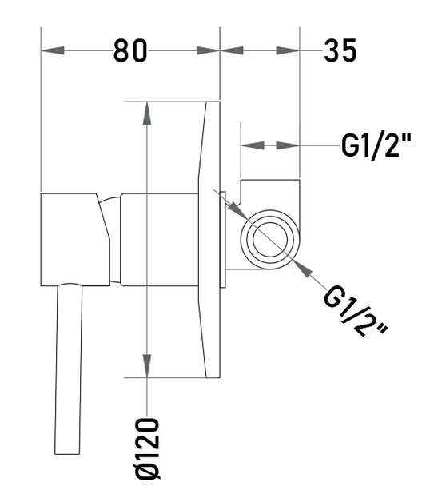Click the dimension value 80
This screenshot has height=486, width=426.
[x=130, y=50]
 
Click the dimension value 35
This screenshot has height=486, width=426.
[x=340, y=50]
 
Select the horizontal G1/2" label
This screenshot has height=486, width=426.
[x=376, y=145]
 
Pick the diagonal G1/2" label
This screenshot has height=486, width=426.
[x=354, y=311]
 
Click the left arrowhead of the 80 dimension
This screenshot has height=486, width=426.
[x=53, y=50]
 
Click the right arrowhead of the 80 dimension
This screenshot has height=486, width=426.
[x=208, y=50]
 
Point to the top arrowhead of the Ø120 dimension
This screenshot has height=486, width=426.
[x=147, y=114]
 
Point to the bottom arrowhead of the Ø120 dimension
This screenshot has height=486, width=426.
[x=147, y=366]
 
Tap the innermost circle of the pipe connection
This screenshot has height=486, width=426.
[x=270, y=240]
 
